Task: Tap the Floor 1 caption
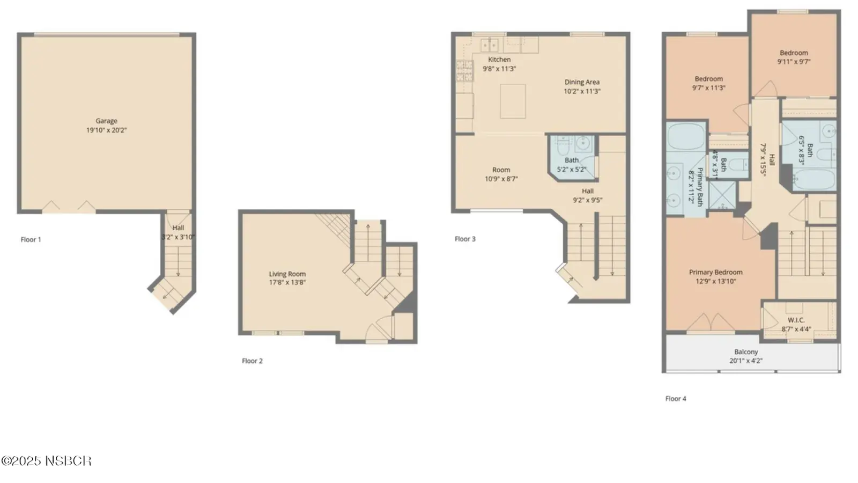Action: [x=31, y=239]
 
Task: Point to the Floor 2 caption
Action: [x=252, y=361]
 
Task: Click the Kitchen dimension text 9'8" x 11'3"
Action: [x=499, y=69]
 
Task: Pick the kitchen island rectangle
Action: [x=513, y=101]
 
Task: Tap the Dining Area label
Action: [x=582, y=82]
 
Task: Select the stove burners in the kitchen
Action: [x=464, y=71]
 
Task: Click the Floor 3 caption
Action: [x=465, y=239]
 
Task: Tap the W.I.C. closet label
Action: [x=796, y=320]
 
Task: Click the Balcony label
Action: [x=746, y=352]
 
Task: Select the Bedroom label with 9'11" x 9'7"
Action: [x=794, y=57]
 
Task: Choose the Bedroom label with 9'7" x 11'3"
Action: [x=708, y=83]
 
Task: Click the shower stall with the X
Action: [x=722, y=195]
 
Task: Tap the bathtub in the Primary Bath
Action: [x=686, y=137]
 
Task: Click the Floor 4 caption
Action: [x=676, y=399]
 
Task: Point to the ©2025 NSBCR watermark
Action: [x=46, y=460]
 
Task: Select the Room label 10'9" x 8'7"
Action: [x=501, y=174]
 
